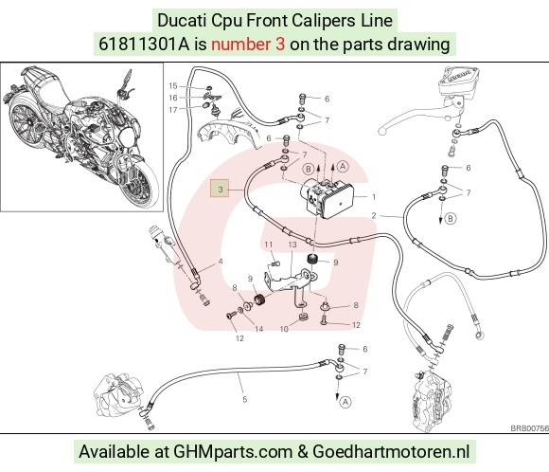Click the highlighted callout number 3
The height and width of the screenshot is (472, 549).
click(x=220, y=189)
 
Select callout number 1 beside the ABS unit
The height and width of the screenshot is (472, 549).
click(x=374, y=197)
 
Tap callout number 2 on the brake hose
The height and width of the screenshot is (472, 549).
click(x=374, y=215)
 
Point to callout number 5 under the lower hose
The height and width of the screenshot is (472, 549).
click(x=245, y=399)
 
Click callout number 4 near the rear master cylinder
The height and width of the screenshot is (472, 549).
click(x=221, y=262)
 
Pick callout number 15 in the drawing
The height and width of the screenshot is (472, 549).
click(x=173, y=86)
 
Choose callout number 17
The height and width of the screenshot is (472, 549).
click(x=173, y=110)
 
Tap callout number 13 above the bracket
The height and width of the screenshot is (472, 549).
click(x=292, y=245)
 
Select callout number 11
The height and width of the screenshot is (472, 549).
click(x=268, y=245)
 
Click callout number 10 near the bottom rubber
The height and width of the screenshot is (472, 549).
click(x=284, y=329)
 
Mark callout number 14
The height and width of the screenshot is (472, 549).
click(x=258, y=329)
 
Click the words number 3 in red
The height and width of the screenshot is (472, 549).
click(x=248, y=45)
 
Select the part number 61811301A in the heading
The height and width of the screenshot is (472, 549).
click(x=144, y=45)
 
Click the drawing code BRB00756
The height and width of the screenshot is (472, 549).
click(x=529, y=428)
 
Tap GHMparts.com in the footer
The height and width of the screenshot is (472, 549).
click(x=233, y=452)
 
